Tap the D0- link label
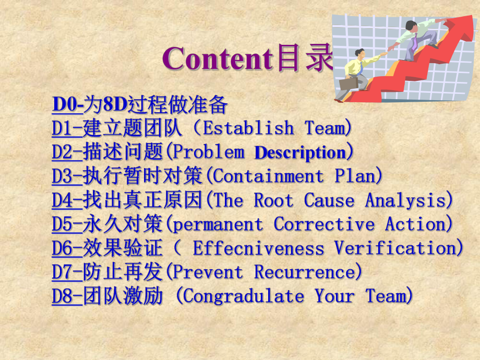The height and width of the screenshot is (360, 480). pyautogui.click(x=67, y=105)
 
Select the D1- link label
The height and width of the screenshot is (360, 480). pyautogui.click(x=67, y=128)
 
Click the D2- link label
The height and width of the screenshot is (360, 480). pyautogui.click(x=67, y=152)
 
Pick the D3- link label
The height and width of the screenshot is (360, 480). pyautogui.click(x=67, y=176)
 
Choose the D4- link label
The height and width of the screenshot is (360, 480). pyautogui.click(x=67, y=200)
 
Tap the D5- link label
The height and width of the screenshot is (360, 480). pyautogui.click(x=67, y=224)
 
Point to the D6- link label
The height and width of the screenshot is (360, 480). pyautogui.click(x=67, y=248)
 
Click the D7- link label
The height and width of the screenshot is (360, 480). pyautogui.click(x=67, y=272)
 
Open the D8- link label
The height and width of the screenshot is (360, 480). pyautogui.click(x=67, y=296)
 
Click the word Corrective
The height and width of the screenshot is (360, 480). pyautogui.click(x=324, y=224)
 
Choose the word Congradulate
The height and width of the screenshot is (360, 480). pyautogui.click(x=244, y=296)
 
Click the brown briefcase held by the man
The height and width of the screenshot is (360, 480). pyautogui.click(x=349, y=83)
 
